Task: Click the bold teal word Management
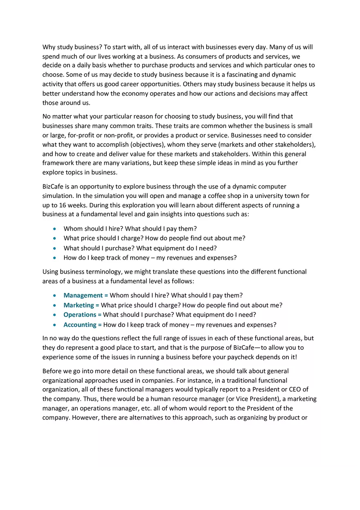83,295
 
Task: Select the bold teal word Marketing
79,305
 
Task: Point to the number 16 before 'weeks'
56,205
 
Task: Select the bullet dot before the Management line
55,296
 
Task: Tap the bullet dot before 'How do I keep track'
55,258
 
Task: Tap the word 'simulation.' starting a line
59,195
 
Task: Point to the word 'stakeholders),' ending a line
295,144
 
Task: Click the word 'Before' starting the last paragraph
52,371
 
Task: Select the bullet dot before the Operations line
55,315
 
